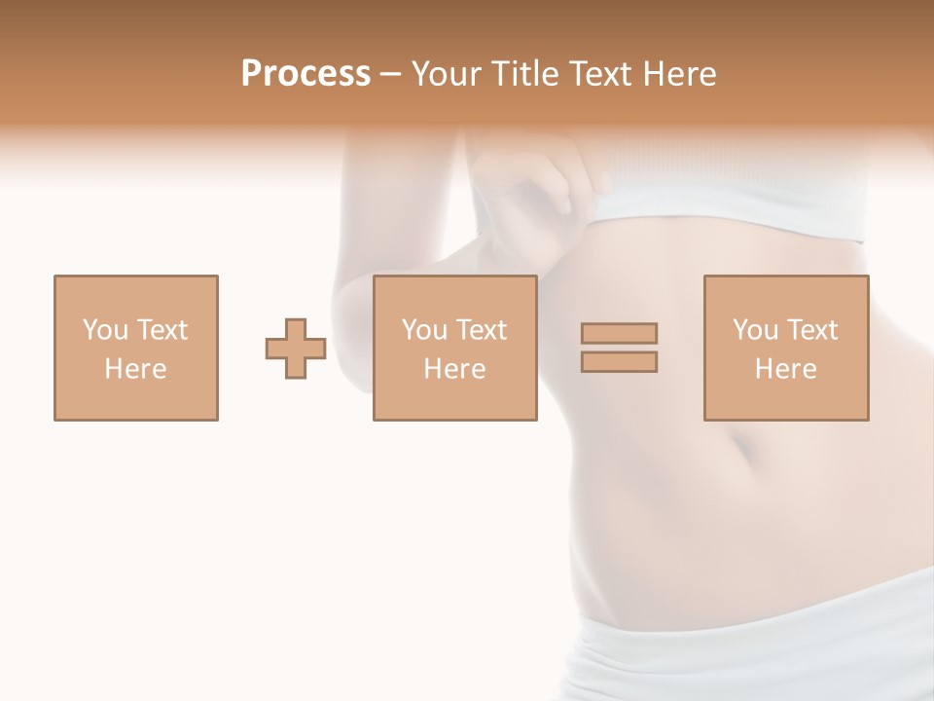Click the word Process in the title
point(305,74)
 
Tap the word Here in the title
point(678,74)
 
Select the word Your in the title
point(447,74)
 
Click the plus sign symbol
point(296,348)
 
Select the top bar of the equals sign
point(619,333)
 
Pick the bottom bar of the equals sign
point(619,361)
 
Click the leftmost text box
point(135,348)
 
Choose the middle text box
point(454,348)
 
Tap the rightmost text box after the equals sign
point(785,348)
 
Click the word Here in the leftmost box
point(135,369)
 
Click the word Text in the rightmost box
point(811,330)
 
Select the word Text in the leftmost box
point(162,330)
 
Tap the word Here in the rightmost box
point(785,369)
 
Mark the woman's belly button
point(743,450)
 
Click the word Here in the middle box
point(454,369)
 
